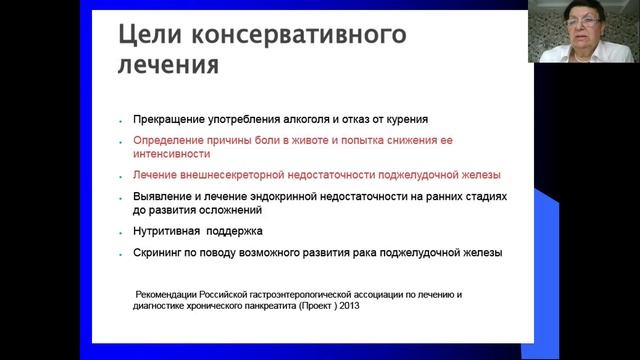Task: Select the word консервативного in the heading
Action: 299,37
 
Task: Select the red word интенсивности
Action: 171,155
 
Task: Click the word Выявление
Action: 163,197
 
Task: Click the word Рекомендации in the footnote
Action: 170,295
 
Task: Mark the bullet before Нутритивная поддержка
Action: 120,233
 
